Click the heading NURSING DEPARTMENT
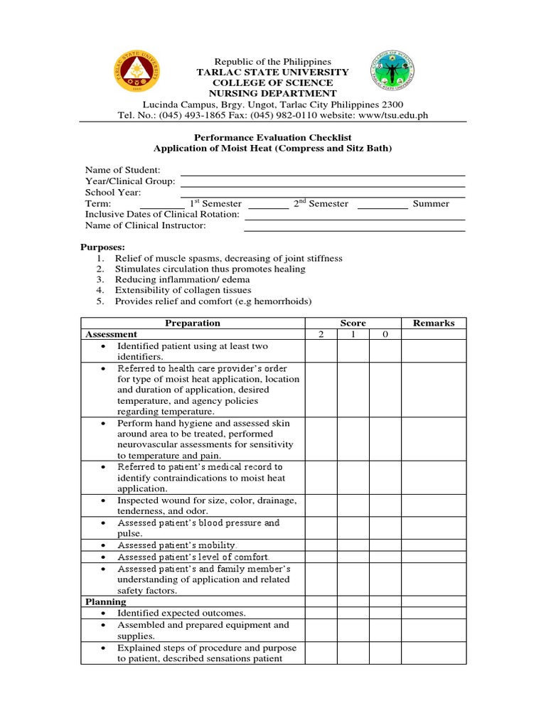click(x=273, y=93)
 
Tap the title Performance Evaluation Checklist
click(x=273, y=137)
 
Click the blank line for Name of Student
click(x=323, y=171)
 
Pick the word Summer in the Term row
click(x=431, y=204)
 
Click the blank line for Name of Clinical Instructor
click(x=354, y=226)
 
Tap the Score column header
click(x=353, y=323)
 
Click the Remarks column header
click(x=433, y=323)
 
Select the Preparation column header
click(x=193, y=323)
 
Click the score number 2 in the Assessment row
click(x=321, y=334)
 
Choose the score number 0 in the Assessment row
click(x=385, y=334)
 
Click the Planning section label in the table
click(x=106, y=601)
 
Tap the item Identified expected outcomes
click(x=182, y=613)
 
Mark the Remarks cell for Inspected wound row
click(x=433, y=505)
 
